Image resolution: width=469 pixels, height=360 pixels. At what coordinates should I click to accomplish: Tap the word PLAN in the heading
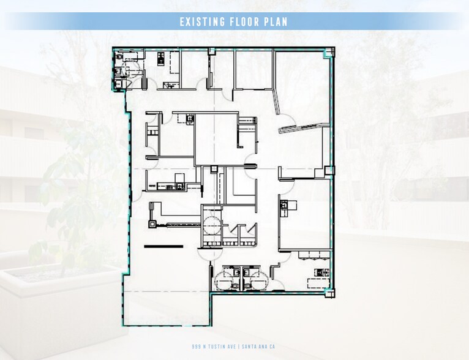[276, 22]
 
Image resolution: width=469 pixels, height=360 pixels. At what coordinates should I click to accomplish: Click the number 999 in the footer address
[196, 347]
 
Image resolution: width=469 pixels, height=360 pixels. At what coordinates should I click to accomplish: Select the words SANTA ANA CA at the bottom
[258, 347]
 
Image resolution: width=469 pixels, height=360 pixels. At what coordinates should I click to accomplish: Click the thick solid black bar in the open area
[163, 246]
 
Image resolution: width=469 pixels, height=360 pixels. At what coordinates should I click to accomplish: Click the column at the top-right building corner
[329, 52]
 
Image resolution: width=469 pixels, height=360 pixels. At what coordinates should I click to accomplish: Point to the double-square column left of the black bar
[152, 224]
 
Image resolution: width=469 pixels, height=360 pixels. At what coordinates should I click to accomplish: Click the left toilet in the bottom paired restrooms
[234, 286]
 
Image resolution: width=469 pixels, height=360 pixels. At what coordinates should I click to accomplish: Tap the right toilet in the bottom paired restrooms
[247, 286]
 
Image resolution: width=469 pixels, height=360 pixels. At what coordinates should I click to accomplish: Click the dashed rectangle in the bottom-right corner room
[318, 283]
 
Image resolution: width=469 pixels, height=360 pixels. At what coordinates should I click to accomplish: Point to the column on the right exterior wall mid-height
[329, 170]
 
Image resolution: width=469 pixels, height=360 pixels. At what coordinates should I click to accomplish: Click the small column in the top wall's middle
[212, 51]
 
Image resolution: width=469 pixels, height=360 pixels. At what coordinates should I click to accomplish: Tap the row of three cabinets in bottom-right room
[314, 255]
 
